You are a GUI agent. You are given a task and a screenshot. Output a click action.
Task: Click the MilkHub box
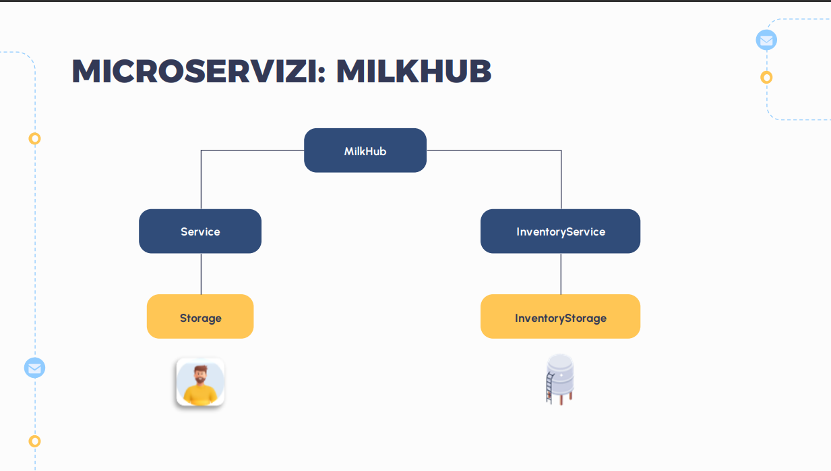(x=365, y=150)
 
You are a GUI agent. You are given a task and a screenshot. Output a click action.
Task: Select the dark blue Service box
(x=200, y=231)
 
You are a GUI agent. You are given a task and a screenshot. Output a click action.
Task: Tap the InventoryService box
(x=560, y=231)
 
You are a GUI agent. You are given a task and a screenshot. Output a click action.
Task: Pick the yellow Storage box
(x=200, y=317)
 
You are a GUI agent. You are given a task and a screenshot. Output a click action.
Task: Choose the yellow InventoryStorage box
(x=560, y=317)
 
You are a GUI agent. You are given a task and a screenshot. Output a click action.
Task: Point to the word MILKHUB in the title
(x=413, y=72)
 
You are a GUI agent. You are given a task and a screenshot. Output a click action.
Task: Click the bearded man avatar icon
(x=200, y=381)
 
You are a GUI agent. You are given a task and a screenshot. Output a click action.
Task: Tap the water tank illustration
(x=560, y=378)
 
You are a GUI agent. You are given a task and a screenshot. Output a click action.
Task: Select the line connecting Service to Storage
(x=201, y=274)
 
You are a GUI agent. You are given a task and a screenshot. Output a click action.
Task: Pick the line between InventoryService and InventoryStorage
(x=561, y=274)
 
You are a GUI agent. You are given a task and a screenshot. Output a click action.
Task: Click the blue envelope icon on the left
(x=34, y=368)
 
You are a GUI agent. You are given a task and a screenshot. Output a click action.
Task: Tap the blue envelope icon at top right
(x=766, y=40)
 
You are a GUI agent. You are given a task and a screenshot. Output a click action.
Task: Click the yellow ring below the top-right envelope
(x=766, y=77)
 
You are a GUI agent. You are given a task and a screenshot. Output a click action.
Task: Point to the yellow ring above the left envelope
(x=34, y=138)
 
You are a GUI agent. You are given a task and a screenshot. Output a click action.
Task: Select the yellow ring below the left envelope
(x=34, y=441)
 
